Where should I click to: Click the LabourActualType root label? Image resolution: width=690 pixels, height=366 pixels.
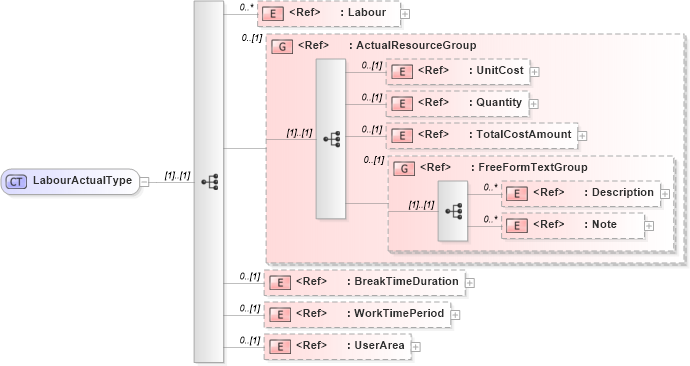pos(82,181)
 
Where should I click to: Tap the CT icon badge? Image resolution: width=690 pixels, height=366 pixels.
pos(16,181)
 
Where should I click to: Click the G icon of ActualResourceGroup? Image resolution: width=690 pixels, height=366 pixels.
pos(282,46)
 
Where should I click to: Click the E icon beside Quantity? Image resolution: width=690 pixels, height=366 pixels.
pos(401,102)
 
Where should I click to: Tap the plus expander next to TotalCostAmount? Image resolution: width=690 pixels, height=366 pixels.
pos(582,134)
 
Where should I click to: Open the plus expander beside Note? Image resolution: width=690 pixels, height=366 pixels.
pos(649,226)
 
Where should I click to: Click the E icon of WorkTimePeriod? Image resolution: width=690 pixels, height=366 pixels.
pos(283,314)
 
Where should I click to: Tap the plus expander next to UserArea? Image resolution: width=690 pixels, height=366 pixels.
pos(416,346)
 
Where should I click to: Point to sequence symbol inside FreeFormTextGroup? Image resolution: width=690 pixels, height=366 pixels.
pos(453,211)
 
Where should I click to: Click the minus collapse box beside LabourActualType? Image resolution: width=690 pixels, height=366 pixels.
pos(145,181)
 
